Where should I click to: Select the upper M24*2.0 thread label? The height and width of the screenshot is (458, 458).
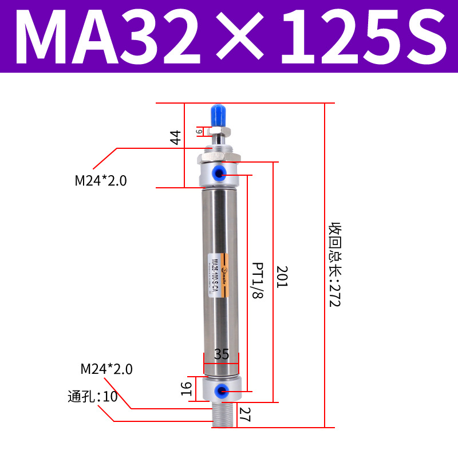point(101,181)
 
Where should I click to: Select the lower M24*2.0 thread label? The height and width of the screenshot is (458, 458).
point(106,369)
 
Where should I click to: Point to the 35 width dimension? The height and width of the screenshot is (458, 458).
point(221,355)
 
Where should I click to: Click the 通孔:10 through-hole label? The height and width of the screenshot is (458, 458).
point(92,396)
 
